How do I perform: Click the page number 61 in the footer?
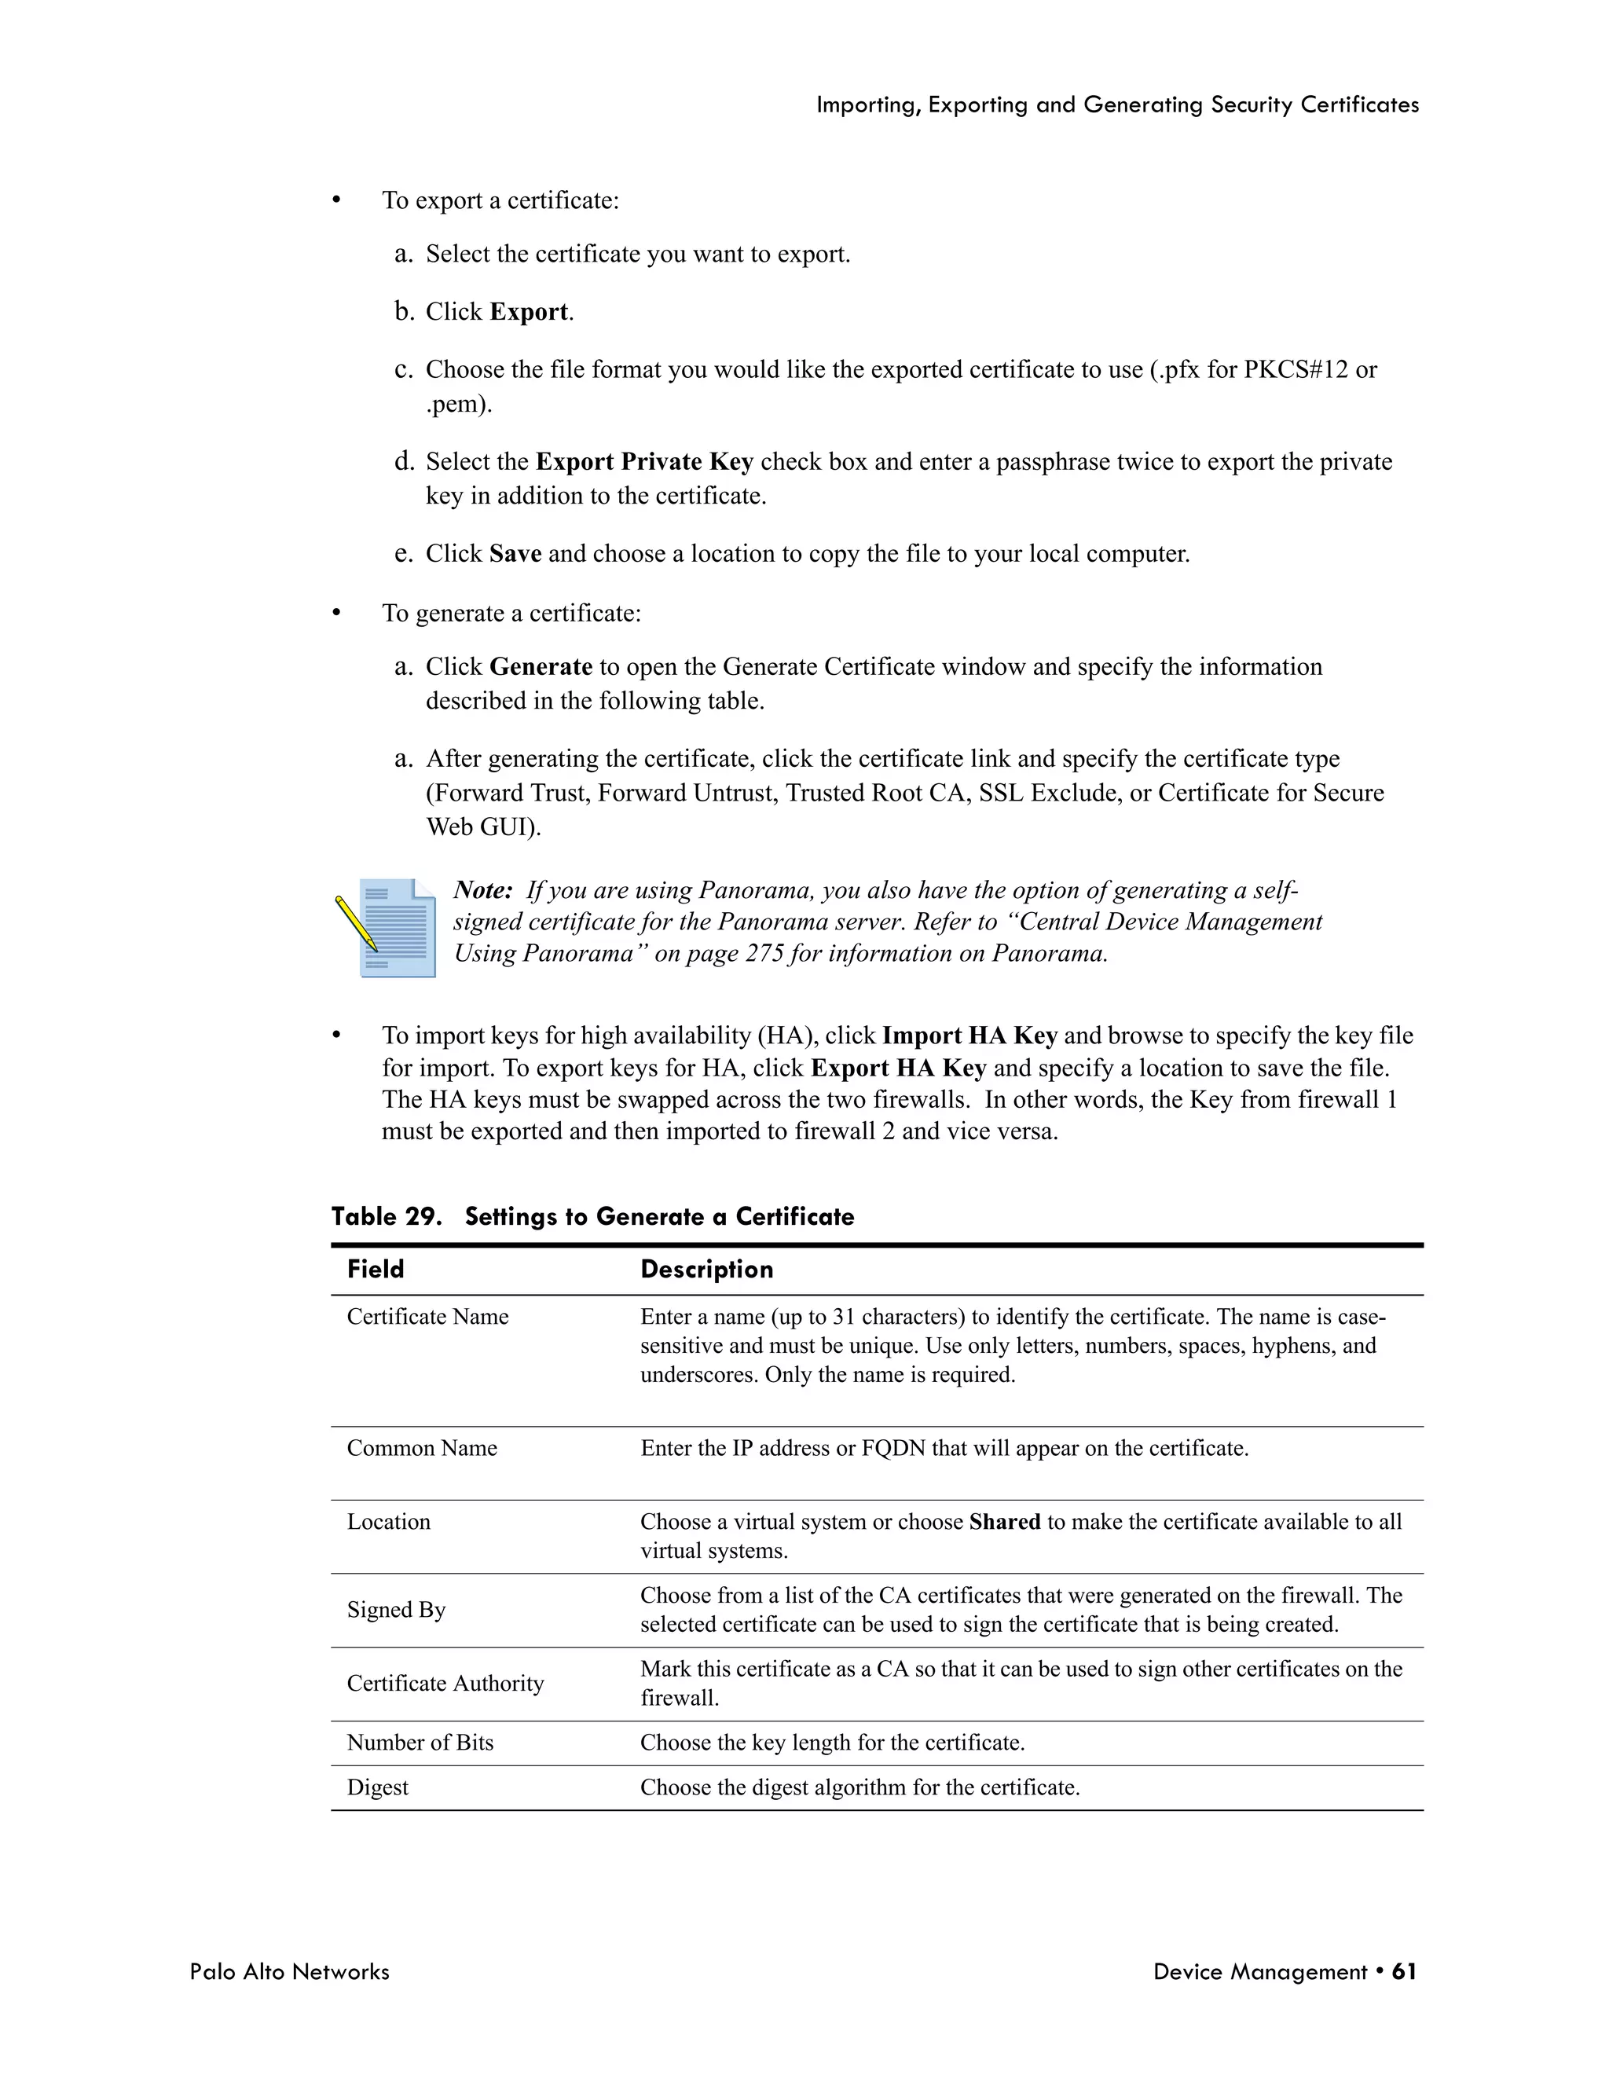click(x=1403, y=1971)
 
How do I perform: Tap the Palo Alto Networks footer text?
click(x=290, y=1971)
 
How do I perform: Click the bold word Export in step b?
click(x=529, y=312)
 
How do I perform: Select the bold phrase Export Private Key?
click(x=644, y=461)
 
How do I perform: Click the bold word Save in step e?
click(x=515, y=553)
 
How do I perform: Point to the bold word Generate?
click(x=541, y=666)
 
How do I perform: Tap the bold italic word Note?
click(x=483, y=889)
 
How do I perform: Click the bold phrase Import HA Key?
click(x=969, y=1036)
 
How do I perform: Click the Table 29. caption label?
click(x=386, y=1216)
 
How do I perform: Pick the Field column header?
click(x=376, y=1269)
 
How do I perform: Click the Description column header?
click(x=706, y=1269)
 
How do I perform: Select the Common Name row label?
click(x=422, y=1448)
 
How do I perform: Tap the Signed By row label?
click(x=397, y=1610)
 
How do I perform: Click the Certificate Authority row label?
click(x=445, y=1684)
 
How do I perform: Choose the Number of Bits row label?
click(x=420, y=1743)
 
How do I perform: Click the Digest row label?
click(x=377, y=1787)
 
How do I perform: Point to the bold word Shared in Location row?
click(x=1005, y=1522)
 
